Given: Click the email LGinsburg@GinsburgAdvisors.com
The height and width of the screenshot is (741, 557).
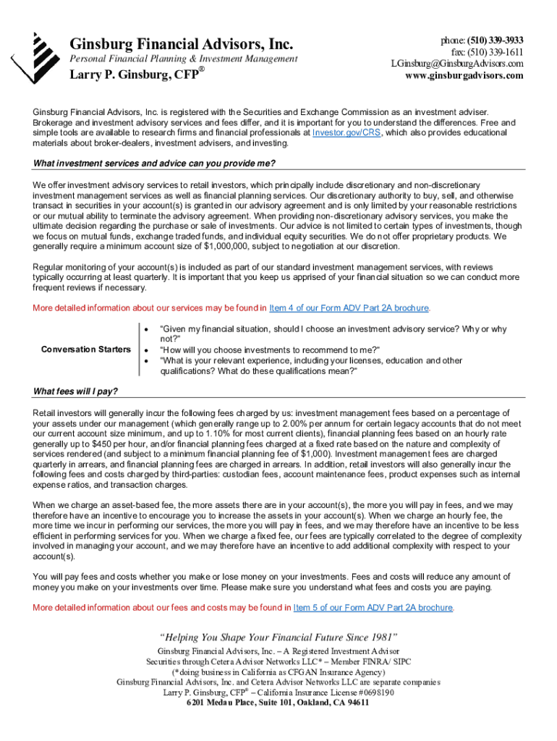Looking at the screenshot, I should pyautogui.click(x=456, y=64).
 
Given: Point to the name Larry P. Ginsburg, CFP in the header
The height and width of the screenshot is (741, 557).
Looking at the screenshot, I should pyautogui.click(x=133, y=75).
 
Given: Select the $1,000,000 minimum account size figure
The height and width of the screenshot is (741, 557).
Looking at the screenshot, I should pyautogui.click(x=219, y=246).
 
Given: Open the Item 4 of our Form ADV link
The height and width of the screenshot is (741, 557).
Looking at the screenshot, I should pyautogui.click(x=349, y=308).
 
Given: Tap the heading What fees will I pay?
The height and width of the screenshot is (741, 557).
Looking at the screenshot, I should pyautogui.click(x=76, y=391).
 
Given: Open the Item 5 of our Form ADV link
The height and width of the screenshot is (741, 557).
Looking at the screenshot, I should pyautogui.click(x=373, y=607).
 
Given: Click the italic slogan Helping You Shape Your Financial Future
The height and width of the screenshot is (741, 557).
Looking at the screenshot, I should pyautogui.click(x=278, y=638).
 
